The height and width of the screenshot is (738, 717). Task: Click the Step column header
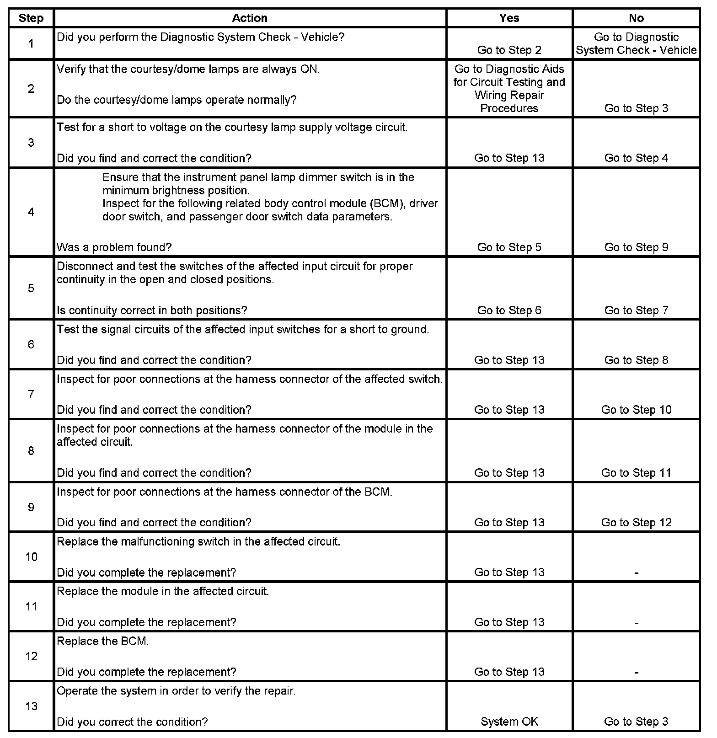[x=31, y=18]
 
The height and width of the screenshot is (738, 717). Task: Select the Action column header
[x=250, y=18]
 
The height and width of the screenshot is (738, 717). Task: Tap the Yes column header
[x=509, y=18]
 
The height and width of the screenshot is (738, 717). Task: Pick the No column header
[x=636, y=18]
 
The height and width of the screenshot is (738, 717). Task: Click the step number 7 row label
[x=31, y=394]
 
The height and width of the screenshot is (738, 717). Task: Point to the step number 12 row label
[x=31, y=657]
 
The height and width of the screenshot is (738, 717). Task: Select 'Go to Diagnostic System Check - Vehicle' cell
[x=636, y=43]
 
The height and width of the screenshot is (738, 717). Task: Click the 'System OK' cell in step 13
[x=509, y=722]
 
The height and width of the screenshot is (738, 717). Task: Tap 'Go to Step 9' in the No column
[x=636, y=247]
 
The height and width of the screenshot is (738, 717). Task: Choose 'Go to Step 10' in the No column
[x=636, y=410]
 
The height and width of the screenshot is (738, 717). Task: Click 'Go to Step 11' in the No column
[x=636, y=473]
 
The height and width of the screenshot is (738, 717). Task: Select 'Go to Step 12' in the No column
[x=636, y=523]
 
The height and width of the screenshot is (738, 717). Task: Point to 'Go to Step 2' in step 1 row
[x=509, y=50]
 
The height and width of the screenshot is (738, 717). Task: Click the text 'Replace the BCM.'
[x=103, y=642]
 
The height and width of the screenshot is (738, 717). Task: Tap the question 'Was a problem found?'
[x=114, y=247]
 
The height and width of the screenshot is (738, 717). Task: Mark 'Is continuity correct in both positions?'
[x=152, y=310]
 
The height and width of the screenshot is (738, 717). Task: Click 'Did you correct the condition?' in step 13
[x=132, y=722]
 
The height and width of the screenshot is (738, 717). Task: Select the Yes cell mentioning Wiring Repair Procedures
[x=509, y=89]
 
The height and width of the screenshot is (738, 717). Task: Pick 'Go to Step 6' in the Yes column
[x=509, y=310]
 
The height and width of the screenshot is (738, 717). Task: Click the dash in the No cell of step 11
[x=636, y=623]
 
